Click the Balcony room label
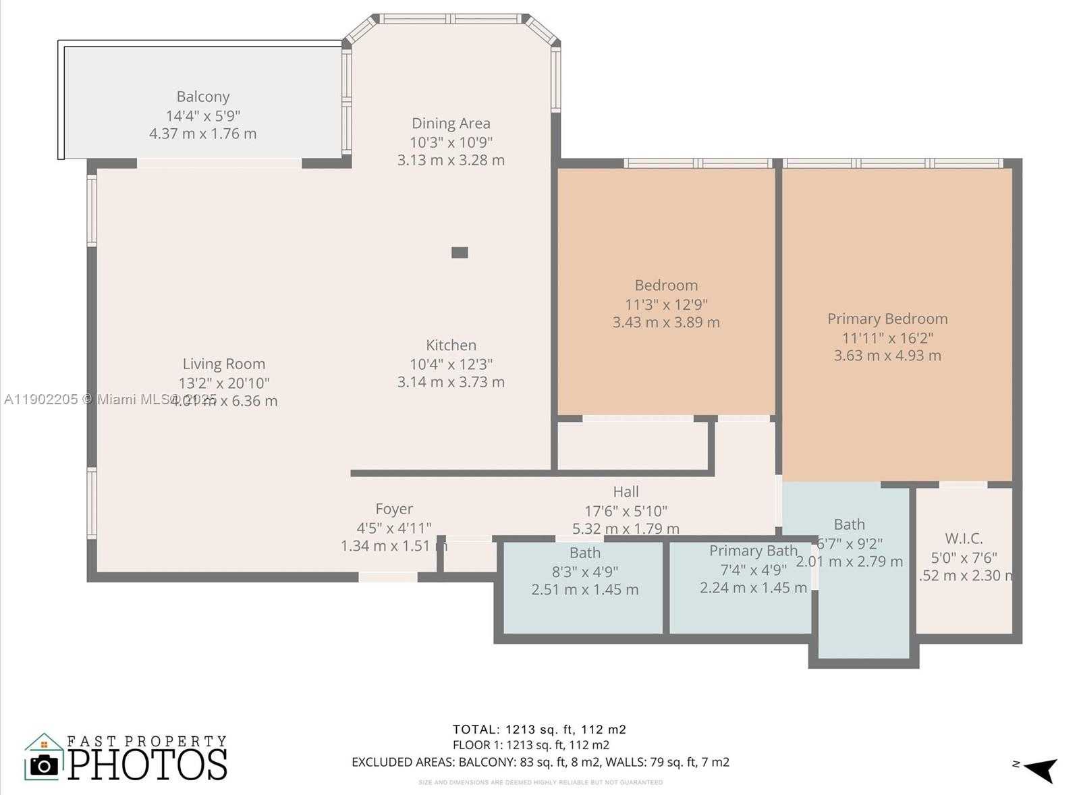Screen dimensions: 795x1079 pos(203,97)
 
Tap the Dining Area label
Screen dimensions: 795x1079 pos(451,124)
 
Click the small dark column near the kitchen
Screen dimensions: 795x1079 pos(460,252)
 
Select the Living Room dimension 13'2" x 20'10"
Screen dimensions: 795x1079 pos(223,383)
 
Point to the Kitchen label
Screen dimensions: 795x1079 pos(451,345)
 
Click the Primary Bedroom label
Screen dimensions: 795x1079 pos(887,319)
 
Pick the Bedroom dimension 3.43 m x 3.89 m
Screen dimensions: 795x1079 pos(666,323)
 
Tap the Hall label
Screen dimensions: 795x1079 pos(626,492)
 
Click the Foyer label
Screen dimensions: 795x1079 pos(394,509)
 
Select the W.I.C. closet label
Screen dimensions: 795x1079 pos(964,539)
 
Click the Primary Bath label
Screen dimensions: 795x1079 pos(753,551)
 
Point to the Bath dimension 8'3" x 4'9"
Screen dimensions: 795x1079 pos(584,572)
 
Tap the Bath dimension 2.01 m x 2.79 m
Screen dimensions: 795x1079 pos(849,561)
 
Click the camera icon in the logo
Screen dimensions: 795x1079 pos(45,765)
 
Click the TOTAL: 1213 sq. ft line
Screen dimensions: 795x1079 pos(539,730)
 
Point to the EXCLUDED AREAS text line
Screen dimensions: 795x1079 pos(540,763)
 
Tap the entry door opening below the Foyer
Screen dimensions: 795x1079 pos(387,577)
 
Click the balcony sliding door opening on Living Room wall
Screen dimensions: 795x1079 pos(219,163)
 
